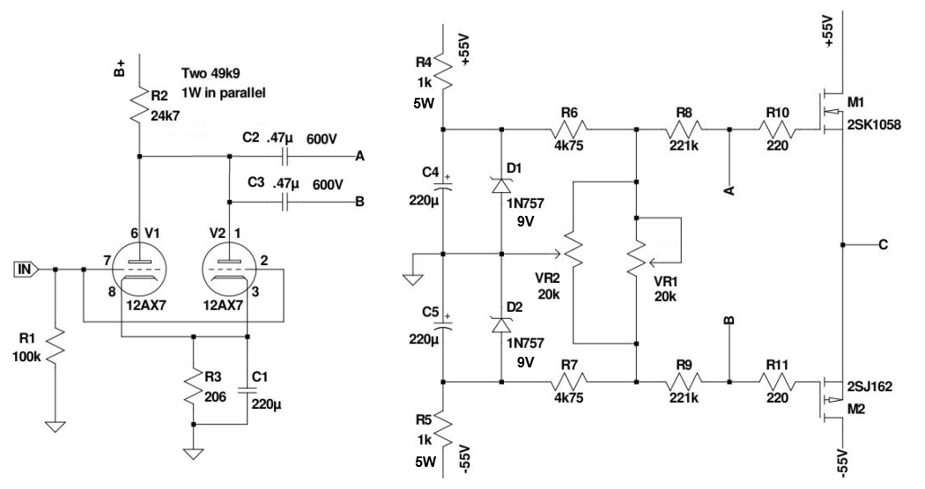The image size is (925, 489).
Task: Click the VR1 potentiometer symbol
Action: (x=636, y=256)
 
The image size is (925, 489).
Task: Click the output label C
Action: (x=884, y=245)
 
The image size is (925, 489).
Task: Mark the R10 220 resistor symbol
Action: (x=778, y=130)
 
